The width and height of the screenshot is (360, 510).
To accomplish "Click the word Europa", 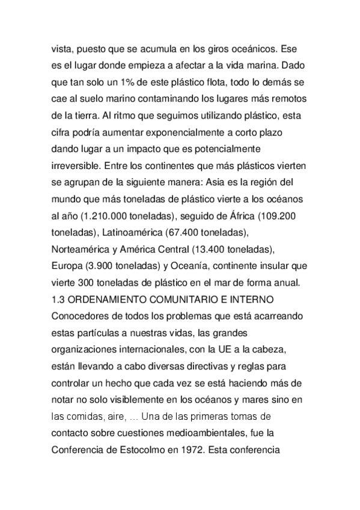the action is [x=66, y=265].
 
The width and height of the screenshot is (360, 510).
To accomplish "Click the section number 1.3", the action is [x=58, y=298].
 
